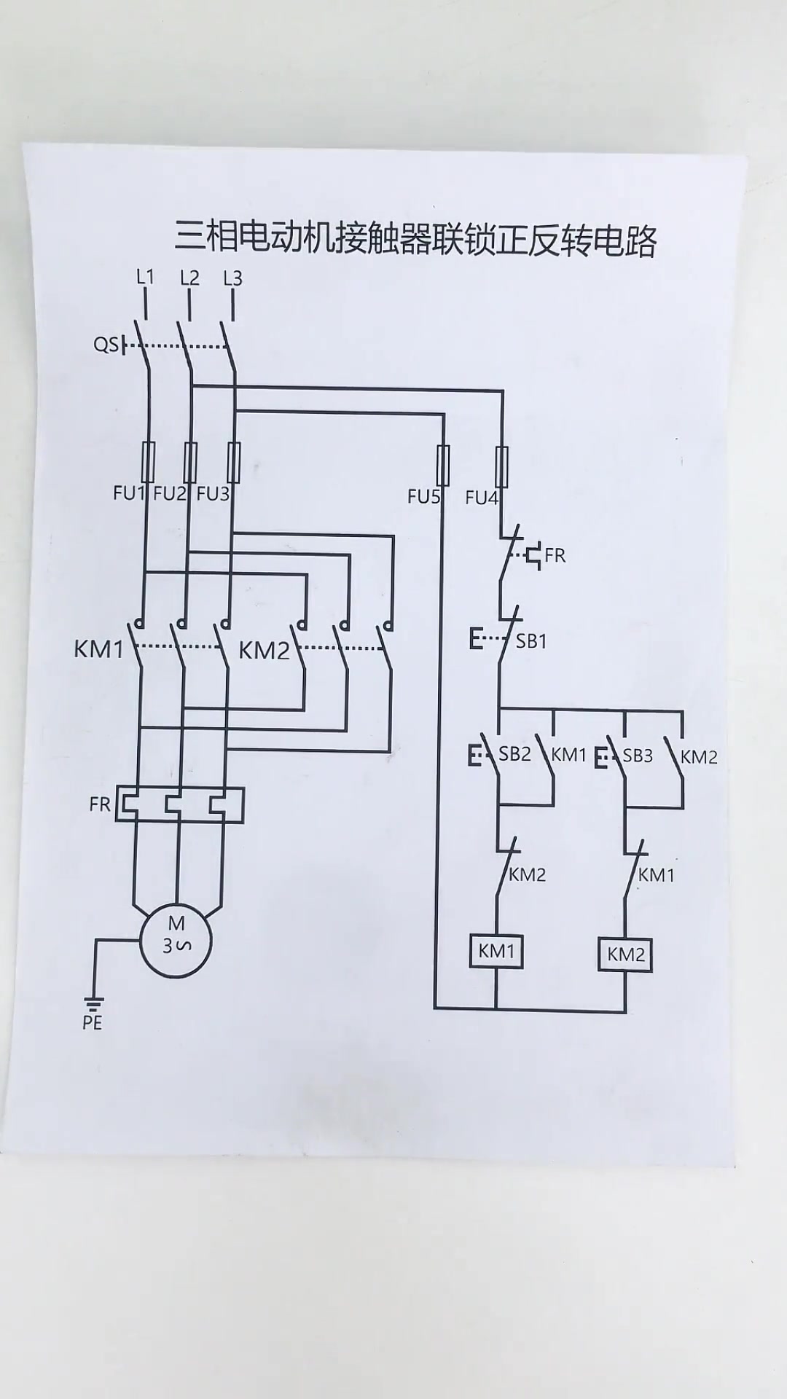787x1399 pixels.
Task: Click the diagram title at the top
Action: [x=415, y=238]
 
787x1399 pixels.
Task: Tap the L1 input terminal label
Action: [x=146, y=277]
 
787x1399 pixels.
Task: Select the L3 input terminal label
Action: [x=232, y=278]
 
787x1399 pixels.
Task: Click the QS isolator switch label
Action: [x=106, y=344]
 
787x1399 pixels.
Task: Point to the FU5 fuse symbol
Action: [x=442, y=465]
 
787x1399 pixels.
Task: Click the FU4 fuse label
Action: [x=481, y=498]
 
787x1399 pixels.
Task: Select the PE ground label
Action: [x=93, y=1022]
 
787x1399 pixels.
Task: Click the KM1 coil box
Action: [x=496, y=951]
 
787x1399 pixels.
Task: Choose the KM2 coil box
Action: [x=626, y=955]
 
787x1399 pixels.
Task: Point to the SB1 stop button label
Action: [x=531, y=641]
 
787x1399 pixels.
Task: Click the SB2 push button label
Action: [x=514, y=754]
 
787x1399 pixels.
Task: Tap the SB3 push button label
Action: [x=638, y=756]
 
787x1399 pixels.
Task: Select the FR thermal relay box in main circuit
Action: [x=180, y=804]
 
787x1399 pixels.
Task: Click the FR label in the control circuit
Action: [x=555, y=555]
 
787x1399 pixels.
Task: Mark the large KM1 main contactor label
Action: [x=99, y=648]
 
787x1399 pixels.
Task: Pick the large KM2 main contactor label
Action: [x=264, y=650]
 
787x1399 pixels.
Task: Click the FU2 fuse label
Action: [x=170, y=494]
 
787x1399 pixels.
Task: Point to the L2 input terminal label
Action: [x=189, y=278]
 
